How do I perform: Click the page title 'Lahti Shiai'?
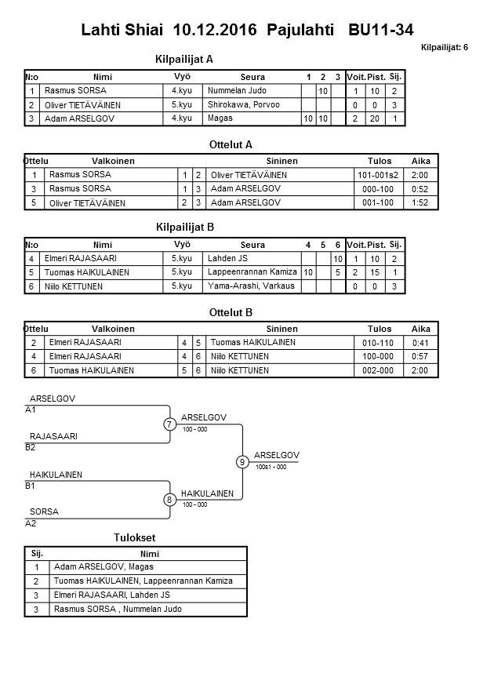pyautogui.click(x=118, y=31)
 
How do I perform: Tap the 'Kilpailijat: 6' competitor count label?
pyautogui.click(x=445, y=48)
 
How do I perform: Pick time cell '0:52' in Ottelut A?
pyautogui.click(x=420, y=189)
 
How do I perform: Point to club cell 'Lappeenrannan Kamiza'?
pyautogui.click(x=252, y=272)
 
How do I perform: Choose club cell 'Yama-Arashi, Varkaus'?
pyautogui.click(x=251, y=286)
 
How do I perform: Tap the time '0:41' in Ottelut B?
pyautogui.click(x=420, y=343)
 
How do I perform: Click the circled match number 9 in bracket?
pyautogui.click(x=242, y=462)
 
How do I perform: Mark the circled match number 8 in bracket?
pyautogui.click(x=169, y=500)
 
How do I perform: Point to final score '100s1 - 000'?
pyautogui.click(x=271, y=468)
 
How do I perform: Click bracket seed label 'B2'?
pyautogui.click(x=31, y=447)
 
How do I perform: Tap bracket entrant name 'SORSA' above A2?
pyautogui.click(x=44, y=512)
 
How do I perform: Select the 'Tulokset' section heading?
pyautogui.click(x=135, y=538)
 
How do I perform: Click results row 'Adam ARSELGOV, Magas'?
pyautogui.click(x=104, y=566)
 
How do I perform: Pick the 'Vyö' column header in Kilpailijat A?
pyautogui.click(x=182, y=77)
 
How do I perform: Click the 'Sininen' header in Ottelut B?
pyautogui.click(x=282, y=329)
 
